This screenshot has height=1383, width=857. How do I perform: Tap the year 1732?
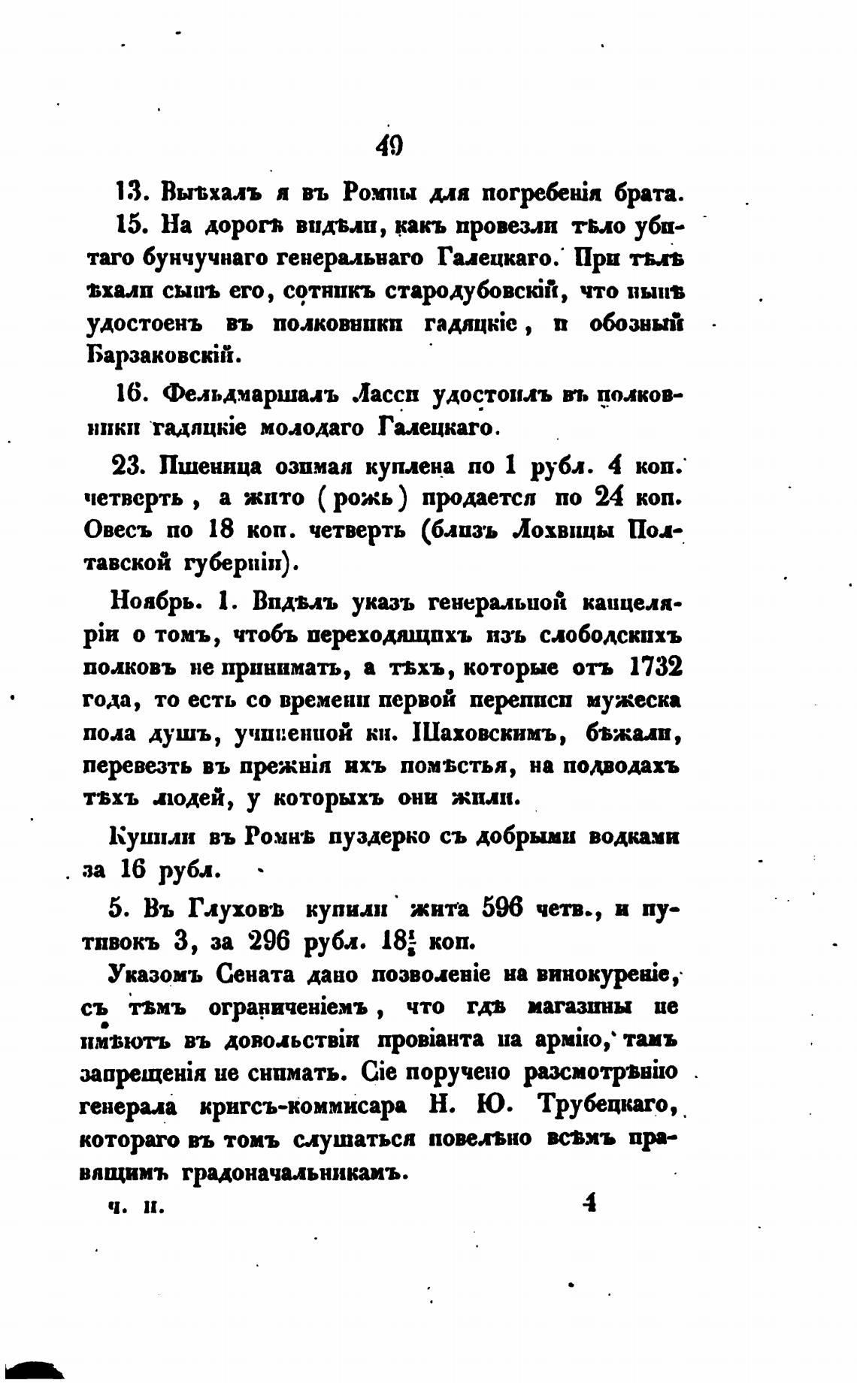pos(653,666)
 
